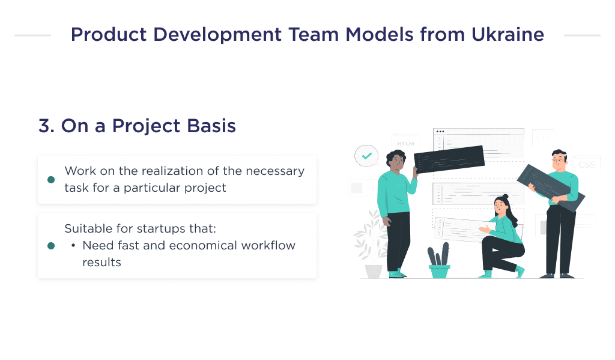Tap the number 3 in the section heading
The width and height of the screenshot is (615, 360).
click(x=45, y=126)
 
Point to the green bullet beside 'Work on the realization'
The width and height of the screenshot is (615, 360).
click(x=51, y=180)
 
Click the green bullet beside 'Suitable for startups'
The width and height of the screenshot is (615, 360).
click(x=51, y=246)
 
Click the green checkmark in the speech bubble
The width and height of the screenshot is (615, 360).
click(x=366, y=156)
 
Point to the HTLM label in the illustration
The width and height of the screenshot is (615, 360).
click(x=405, y=144)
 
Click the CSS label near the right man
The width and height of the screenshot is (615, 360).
click(x=586, y=164)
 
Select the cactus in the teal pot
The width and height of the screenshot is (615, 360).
click(x=439, y=255)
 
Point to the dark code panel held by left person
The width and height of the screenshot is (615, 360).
click(x=449, y=159)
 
